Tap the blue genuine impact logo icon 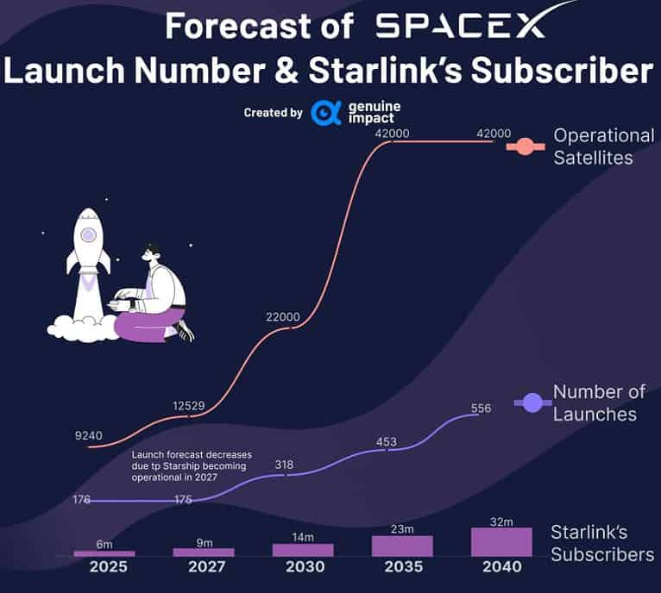point(326,113)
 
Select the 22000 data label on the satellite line point(283,317)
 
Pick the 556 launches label point(481,408)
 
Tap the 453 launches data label point(386,442)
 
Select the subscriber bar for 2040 point(501,542)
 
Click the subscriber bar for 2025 point(104,552)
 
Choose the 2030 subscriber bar point(303,550)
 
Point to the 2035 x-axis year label point(402,567)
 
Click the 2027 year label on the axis point(204,567)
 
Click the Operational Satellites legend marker point(524,147)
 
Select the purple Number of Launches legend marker point(533,402)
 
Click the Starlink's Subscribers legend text point(602,543)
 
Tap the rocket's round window point(88,234)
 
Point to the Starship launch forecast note point(188,465)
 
